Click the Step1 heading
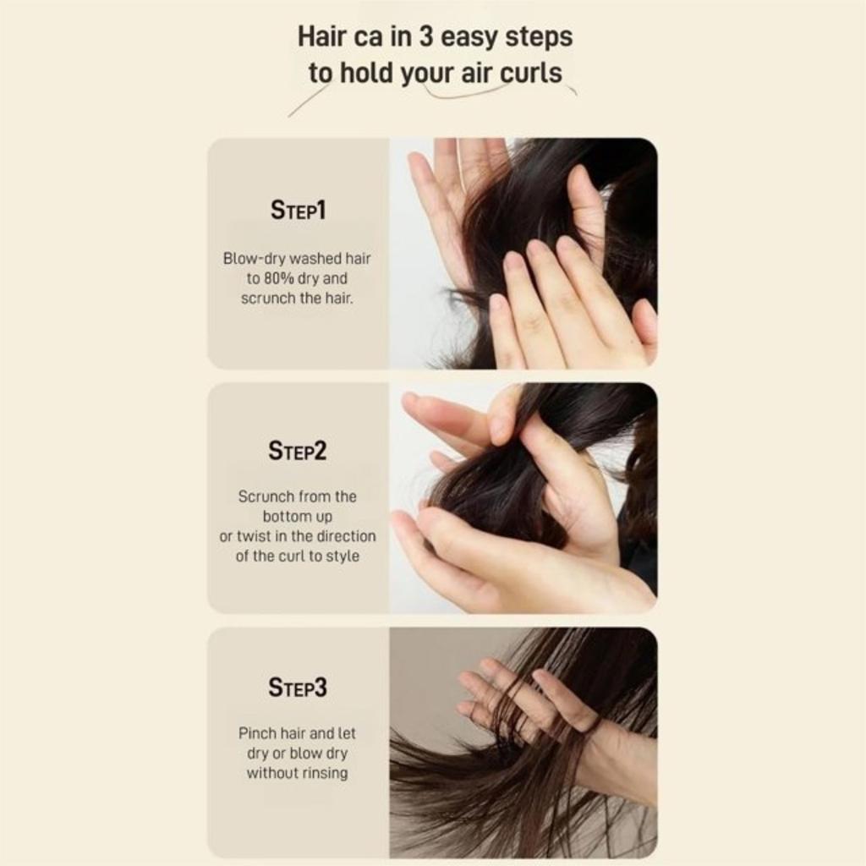298,210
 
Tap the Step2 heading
298,451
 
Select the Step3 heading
298,688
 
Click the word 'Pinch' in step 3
258,733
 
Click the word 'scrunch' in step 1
267,299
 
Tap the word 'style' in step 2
343,556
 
